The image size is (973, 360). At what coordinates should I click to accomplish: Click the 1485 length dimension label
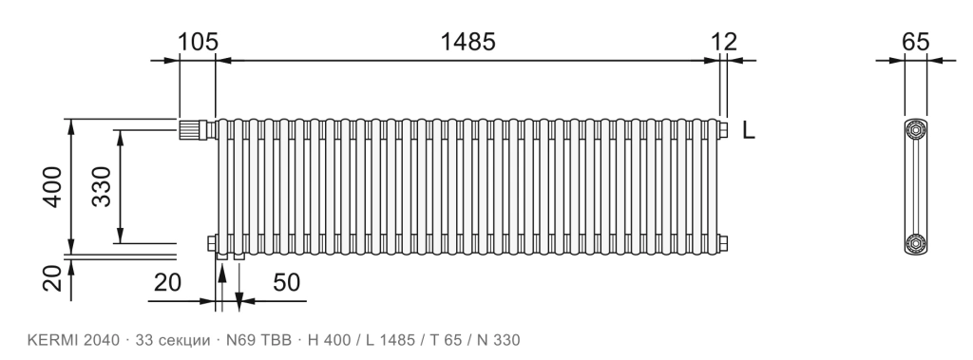click(x=467, y=42)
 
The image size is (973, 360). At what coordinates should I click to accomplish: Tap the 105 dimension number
click(x=199, y=42)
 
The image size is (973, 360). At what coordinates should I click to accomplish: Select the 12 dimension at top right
click(x=724, y=42)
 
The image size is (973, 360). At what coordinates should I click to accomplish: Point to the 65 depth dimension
click(x=915, y=42)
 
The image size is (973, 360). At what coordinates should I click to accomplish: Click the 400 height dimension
click(x=52, y=187)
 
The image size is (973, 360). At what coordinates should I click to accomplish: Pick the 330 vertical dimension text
click(x=101, y=187)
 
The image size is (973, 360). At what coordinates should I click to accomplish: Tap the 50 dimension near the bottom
click(x=287, y=282)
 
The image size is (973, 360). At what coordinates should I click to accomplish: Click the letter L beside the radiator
click(x=749, y=130)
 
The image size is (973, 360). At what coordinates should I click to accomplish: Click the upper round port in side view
click(x=916, y=130)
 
